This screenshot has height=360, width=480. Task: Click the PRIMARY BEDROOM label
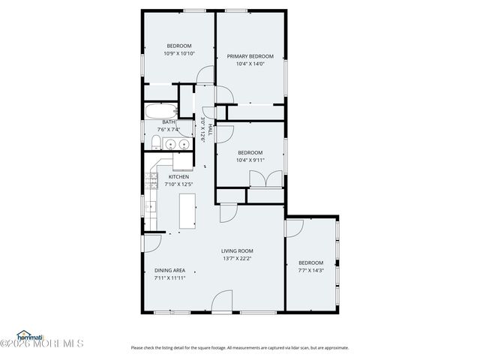250,56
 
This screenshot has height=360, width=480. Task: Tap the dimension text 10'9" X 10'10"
178,54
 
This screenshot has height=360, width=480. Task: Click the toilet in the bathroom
154,143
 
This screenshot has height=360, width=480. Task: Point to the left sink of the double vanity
171,143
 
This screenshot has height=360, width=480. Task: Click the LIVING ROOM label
237,250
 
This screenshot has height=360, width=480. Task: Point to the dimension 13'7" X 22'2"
237,259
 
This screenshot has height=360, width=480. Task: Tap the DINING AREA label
169,270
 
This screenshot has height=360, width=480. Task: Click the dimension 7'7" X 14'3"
310,270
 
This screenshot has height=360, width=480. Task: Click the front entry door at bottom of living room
222,301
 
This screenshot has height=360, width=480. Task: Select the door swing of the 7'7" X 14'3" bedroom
295,227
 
